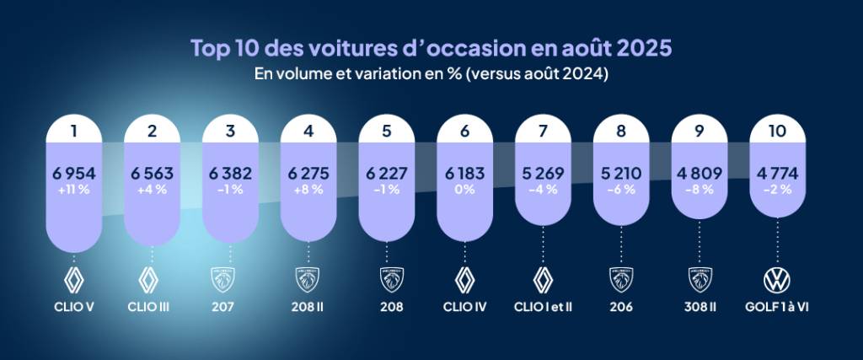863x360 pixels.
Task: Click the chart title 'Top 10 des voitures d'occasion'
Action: [431, 47]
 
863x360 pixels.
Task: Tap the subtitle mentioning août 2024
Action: [431, 74]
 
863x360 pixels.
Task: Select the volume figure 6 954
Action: [73, 174]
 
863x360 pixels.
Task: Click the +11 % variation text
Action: [73, 190]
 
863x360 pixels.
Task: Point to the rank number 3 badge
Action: [230, 132]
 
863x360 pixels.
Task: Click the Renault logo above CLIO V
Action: [73, 279]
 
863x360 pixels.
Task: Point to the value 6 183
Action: [465, 174]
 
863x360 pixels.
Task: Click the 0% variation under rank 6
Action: [465, 190]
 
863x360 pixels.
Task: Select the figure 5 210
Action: [621, 174]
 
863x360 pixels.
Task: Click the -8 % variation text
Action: [700, 190]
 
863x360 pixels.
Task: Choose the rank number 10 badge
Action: [778, 132]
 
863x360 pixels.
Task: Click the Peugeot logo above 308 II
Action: [700, 279]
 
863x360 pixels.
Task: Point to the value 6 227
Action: [387, 174]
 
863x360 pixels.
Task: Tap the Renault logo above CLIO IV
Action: [465, 279]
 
